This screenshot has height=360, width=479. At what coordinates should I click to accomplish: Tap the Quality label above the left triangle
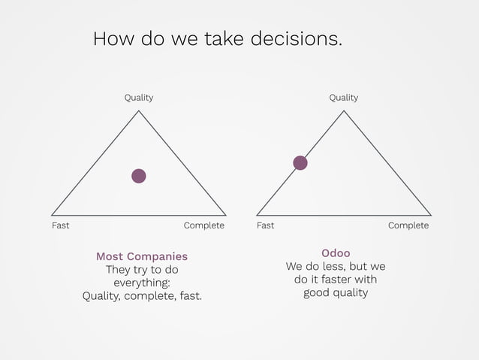click(x=138, y=98)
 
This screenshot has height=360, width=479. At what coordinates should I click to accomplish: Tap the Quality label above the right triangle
click(x=343, y=98)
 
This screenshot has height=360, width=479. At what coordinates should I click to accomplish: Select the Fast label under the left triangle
click(x=60, y=225)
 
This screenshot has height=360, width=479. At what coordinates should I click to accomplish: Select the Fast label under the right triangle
click(x=265, y=225)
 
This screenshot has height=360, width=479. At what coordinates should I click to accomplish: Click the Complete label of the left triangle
click(x=203, y=225)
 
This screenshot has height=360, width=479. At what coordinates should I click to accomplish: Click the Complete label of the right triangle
click(x=408, y=225)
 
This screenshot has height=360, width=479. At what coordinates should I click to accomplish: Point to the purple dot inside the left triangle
click(x=138, y=176)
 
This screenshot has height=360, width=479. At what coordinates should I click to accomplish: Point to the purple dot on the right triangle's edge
click(x=300, y=163)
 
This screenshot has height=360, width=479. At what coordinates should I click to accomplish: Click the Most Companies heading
click(x=142, y=256)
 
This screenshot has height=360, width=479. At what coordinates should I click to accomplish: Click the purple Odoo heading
click(x=336, y=253)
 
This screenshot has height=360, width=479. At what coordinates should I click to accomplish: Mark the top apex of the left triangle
click(x=138, y=111)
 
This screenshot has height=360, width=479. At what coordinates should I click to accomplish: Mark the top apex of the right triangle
click(x=344, y=111)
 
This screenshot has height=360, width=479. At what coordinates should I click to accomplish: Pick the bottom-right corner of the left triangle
click(x=226, y=215)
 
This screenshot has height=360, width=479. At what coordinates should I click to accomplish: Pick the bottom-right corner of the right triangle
click(x=431, y=215)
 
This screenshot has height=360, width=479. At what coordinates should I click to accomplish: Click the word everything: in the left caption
click(x=142, y=283)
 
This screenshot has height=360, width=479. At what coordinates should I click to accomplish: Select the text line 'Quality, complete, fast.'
click(x=142, y=296)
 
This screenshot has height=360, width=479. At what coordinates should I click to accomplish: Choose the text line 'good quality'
click(x=336, y=293)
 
